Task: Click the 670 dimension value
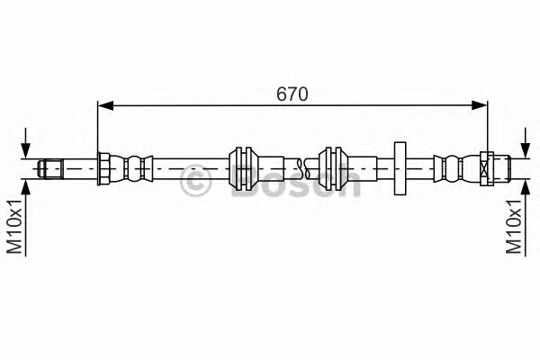[292, 93]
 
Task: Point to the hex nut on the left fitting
[103, 168]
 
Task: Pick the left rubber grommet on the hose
[243, 167]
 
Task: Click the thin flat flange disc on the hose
[400, 167]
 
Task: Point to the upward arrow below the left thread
[28, 189]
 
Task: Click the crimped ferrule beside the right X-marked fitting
[455, 168]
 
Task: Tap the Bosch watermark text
[297, 184]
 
